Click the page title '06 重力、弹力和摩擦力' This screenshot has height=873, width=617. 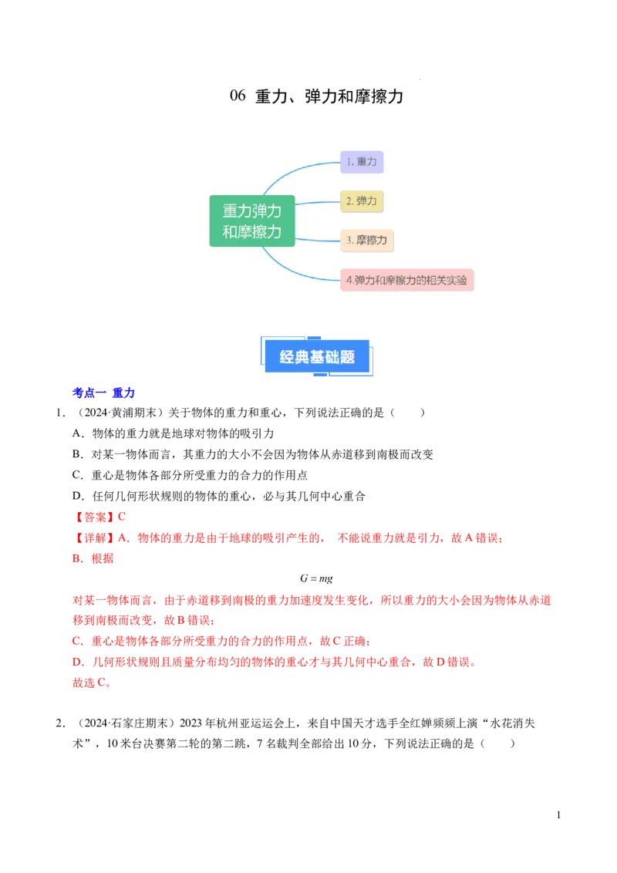pos(316,96)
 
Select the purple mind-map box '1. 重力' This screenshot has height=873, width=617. pos(362,162)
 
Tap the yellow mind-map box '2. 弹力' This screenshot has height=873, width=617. pos(362,201)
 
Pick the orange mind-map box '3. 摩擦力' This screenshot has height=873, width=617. pos(367,241)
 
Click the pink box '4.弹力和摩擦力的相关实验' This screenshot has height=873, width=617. pos(407,280)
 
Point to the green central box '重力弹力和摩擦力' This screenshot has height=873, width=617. pos(252,221)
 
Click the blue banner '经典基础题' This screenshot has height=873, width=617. pos(317,356)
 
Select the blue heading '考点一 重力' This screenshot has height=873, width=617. pos(103,393)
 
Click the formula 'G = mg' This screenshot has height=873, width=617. pos(316,578)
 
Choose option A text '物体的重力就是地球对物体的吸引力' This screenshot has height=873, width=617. pos(184,433)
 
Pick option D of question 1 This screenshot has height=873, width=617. pos(219,496)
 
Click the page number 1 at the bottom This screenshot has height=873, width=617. pos(558,815)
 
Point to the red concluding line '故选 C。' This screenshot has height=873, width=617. pos(92,683)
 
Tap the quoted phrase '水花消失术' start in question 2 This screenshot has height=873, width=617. pos(512,723)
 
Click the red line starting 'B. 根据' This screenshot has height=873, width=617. pos(93,558)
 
